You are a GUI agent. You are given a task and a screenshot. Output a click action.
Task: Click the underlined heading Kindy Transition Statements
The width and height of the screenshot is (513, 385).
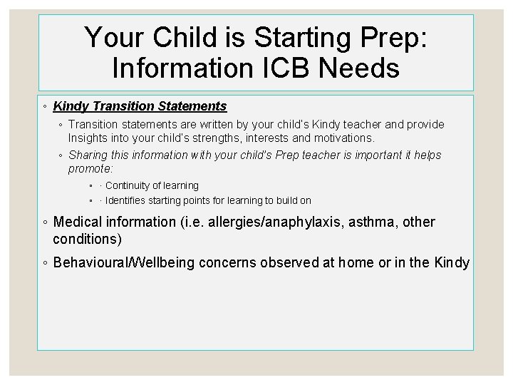click(x=140, y=106)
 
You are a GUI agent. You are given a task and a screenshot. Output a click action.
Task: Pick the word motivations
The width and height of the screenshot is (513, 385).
click(x=338, y=137)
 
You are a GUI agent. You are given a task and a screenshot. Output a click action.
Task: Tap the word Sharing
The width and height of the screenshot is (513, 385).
click(x=88, y=155)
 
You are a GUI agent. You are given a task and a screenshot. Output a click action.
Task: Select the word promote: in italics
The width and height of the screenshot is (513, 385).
click(x=90, y=169)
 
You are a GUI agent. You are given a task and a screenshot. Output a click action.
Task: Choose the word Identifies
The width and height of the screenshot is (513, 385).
click(x=128, y=201)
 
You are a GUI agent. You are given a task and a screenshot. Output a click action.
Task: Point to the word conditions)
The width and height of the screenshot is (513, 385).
click(x=87, y=238)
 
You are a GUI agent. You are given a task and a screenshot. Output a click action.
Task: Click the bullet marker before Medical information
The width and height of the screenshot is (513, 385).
click(x=45, y=223)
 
